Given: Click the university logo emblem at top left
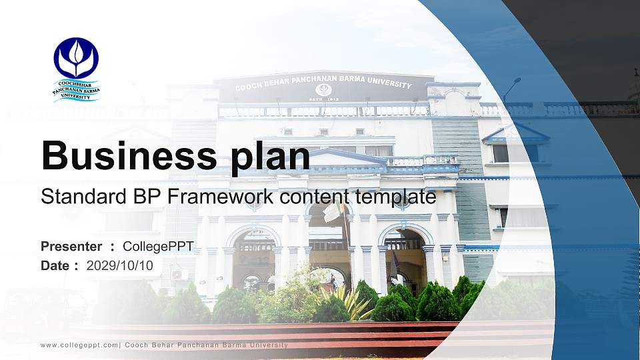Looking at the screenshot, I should click(76, 59).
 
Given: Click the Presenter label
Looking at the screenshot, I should click(71, 247).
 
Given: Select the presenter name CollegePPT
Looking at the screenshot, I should click(158, 247).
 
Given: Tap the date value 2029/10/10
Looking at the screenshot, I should click(120, 265).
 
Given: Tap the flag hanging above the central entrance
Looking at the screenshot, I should click(333, 213).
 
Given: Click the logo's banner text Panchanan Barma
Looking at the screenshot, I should click(76, 91).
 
